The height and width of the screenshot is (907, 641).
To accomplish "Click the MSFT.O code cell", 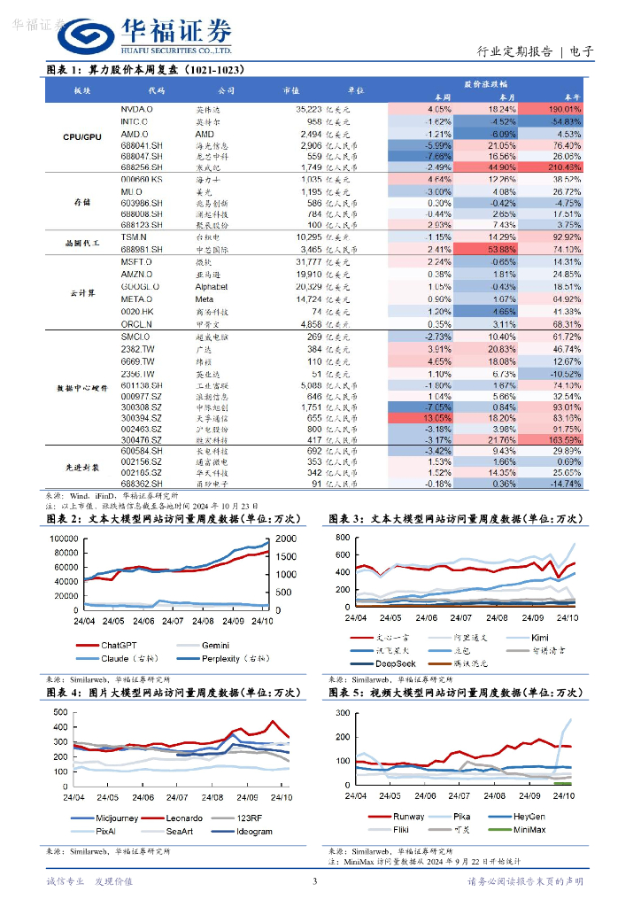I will (136, 263).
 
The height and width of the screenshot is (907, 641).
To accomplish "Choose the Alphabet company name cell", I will (212, 287).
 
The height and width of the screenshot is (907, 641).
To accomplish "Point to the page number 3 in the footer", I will (314, 881).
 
